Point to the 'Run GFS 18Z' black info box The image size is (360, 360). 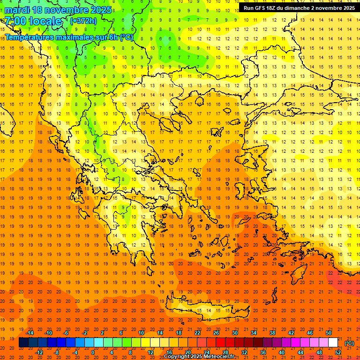(298, 7)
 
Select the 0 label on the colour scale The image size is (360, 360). (93, 352)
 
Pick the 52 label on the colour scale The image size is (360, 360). (337, 352)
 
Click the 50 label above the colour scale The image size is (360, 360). (328, 333)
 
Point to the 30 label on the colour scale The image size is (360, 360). (234, 333)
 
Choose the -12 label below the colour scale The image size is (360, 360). (39, 352)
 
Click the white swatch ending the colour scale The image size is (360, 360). (333, 343)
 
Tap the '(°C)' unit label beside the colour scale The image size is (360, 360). (349, 343)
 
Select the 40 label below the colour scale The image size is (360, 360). (281, 352)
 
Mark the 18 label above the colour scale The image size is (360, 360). (179, 333)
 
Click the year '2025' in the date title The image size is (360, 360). (101, 10)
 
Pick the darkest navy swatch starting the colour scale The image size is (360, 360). (23, 343)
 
